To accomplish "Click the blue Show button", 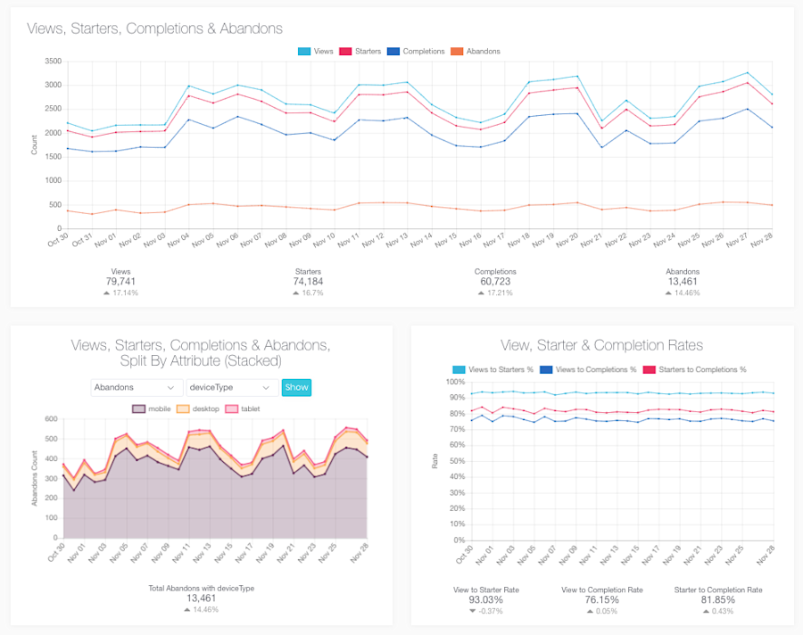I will pyautogui.click(x=296, y=387).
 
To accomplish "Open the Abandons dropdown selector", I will pyautogui.click(x=136, y=387).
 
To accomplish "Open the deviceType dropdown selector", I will pyautogui.click(x=231, y=387).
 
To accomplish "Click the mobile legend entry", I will pyautogui.click(x=152, y=408).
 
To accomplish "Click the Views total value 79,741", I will pyautogui.click(x=120, y=282).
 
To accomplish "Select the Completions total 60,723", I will pyautogui.click(x=495, y=282).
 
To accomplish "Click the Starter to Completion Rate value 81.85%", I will pyautogui.click(x=717, y=600).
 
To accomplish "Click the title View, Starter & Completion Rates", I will pyautogui.click(x=602, y=345).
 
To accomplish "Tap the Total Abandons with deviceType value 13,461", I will pyautogui.click(x=201, y=598).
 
